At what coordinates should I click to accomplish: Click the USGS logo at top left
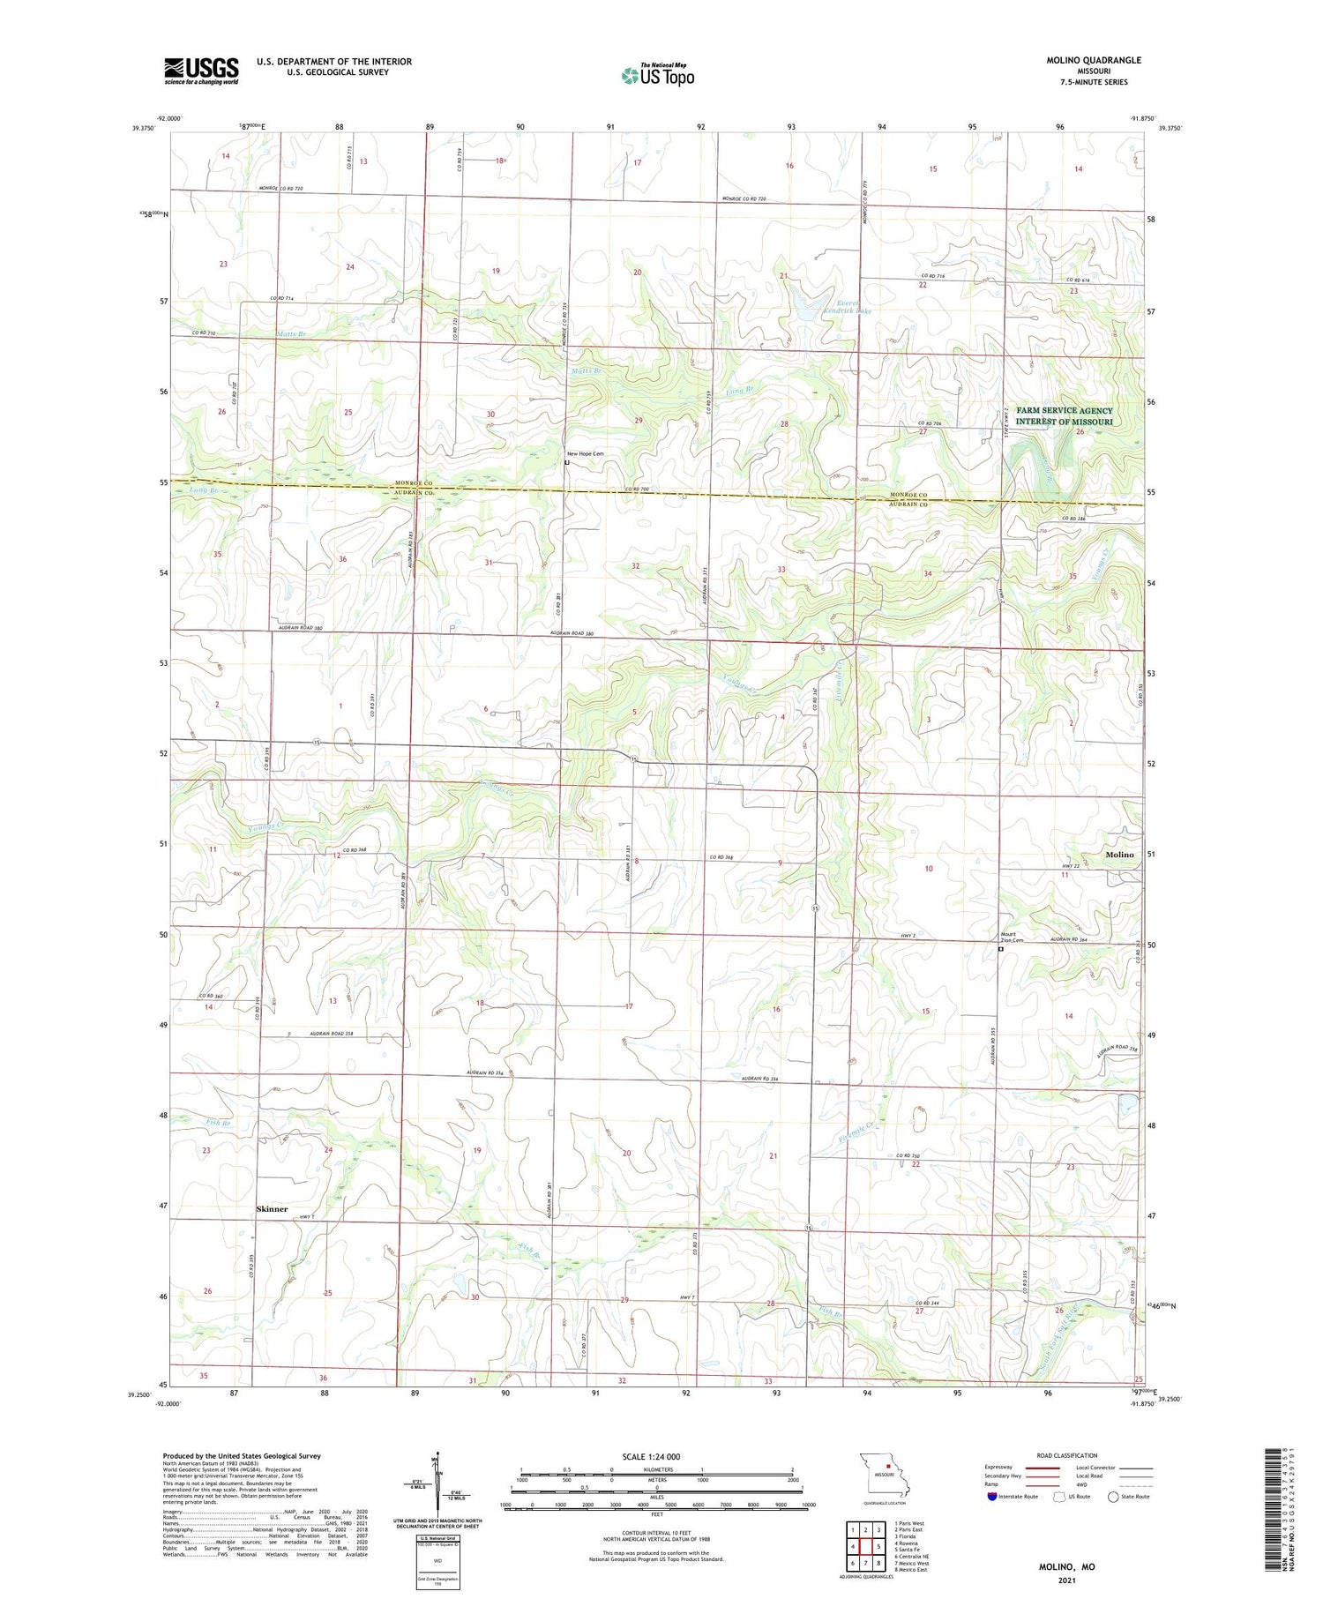[201, 71]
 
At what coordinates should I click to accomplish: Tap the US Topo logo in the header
[657, 75]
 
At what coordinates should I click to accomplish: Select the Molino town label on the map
[1119, 855]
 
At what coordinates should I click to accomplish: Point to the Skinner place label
[272, 1208]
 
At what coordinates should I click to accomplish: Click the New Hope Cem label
[585, 453]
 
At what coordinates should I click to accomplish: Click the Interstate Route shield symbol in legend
[992, 1497]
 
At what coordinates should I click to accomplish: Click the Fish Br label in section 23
[218, 1123]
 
